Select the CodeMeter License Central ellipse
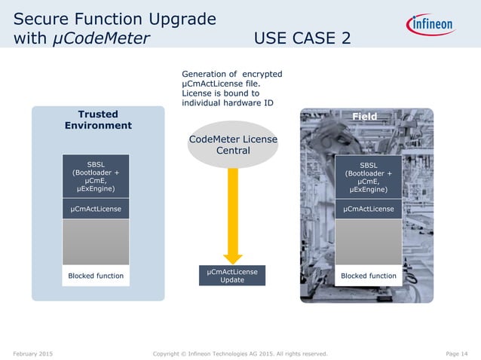coord(233,145)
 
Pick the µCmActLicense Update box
coord(233,276)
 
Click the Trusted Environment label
coord(98,120)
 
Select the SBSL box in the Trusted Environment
coord(96,175)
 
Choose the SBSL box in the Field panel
coord(368,175)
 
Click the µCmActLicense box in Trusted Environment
coord(96,209)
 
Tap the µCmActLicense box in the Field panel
coord(368,209)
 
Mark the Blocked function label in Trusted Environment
coord(96,276)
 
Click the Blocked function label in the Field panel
coord(368,276)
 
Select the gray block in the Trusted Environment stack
coord(96,242)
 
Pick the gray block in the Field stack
coord(368,242)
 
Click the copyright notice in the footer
coord(240,352)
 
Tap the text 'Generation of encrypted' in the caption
coord(232,74)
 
